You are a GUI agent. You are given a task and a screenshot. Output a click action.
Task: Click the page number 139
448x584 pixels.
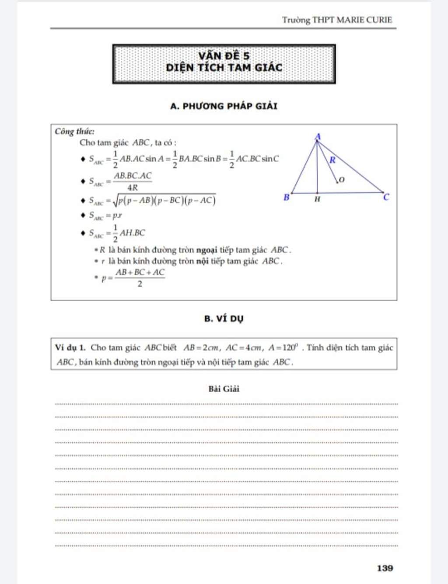tap(385, 568)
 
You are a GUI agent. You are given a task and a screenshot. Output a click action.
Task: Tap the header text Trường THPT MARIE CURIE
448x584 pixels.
tap(337, 20)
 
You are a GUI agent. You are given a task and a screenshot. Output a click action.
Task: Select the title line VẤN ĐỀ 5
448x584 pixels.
tap(224, 56)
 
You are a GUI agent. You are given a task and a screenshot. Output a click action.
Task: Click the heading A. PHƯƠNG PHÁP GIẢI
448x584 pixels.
tap(224, 106)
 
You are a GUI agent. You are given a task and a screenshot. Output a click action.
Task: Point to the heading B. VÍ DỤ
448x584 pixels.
tap(224, 318)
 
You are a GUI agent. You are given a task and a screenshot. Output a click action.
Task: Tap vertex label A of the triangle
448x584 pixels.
tap(318, 137)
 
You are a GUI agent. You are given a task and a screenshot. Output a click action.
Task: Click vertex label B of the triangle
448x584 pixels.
tap(287, 197)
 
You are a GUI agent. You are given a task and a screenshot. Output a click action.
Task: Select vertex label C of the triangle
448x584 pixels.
tap(386, 197)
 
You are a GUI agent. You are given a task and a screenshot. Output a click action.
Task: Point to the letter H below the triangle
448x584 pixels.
tap(317, 199)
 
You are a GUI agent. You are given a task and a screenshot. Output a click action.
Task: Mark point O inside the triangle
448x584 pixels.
tap(341, 180)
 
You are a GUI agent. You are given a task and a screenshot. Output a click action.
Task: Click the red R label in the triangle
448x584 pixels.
tap(332, 160)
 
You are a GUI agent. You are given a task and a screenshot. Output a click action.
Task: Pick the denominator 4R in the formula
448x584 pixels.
tap(132, 188)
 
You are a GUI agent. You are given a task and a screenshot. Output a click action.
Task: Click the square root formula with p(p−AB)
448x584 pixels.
tap(164, 200)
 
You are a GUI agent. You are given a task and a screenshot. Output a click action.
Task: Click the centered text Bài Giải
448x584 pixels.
tap(224, 389)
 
